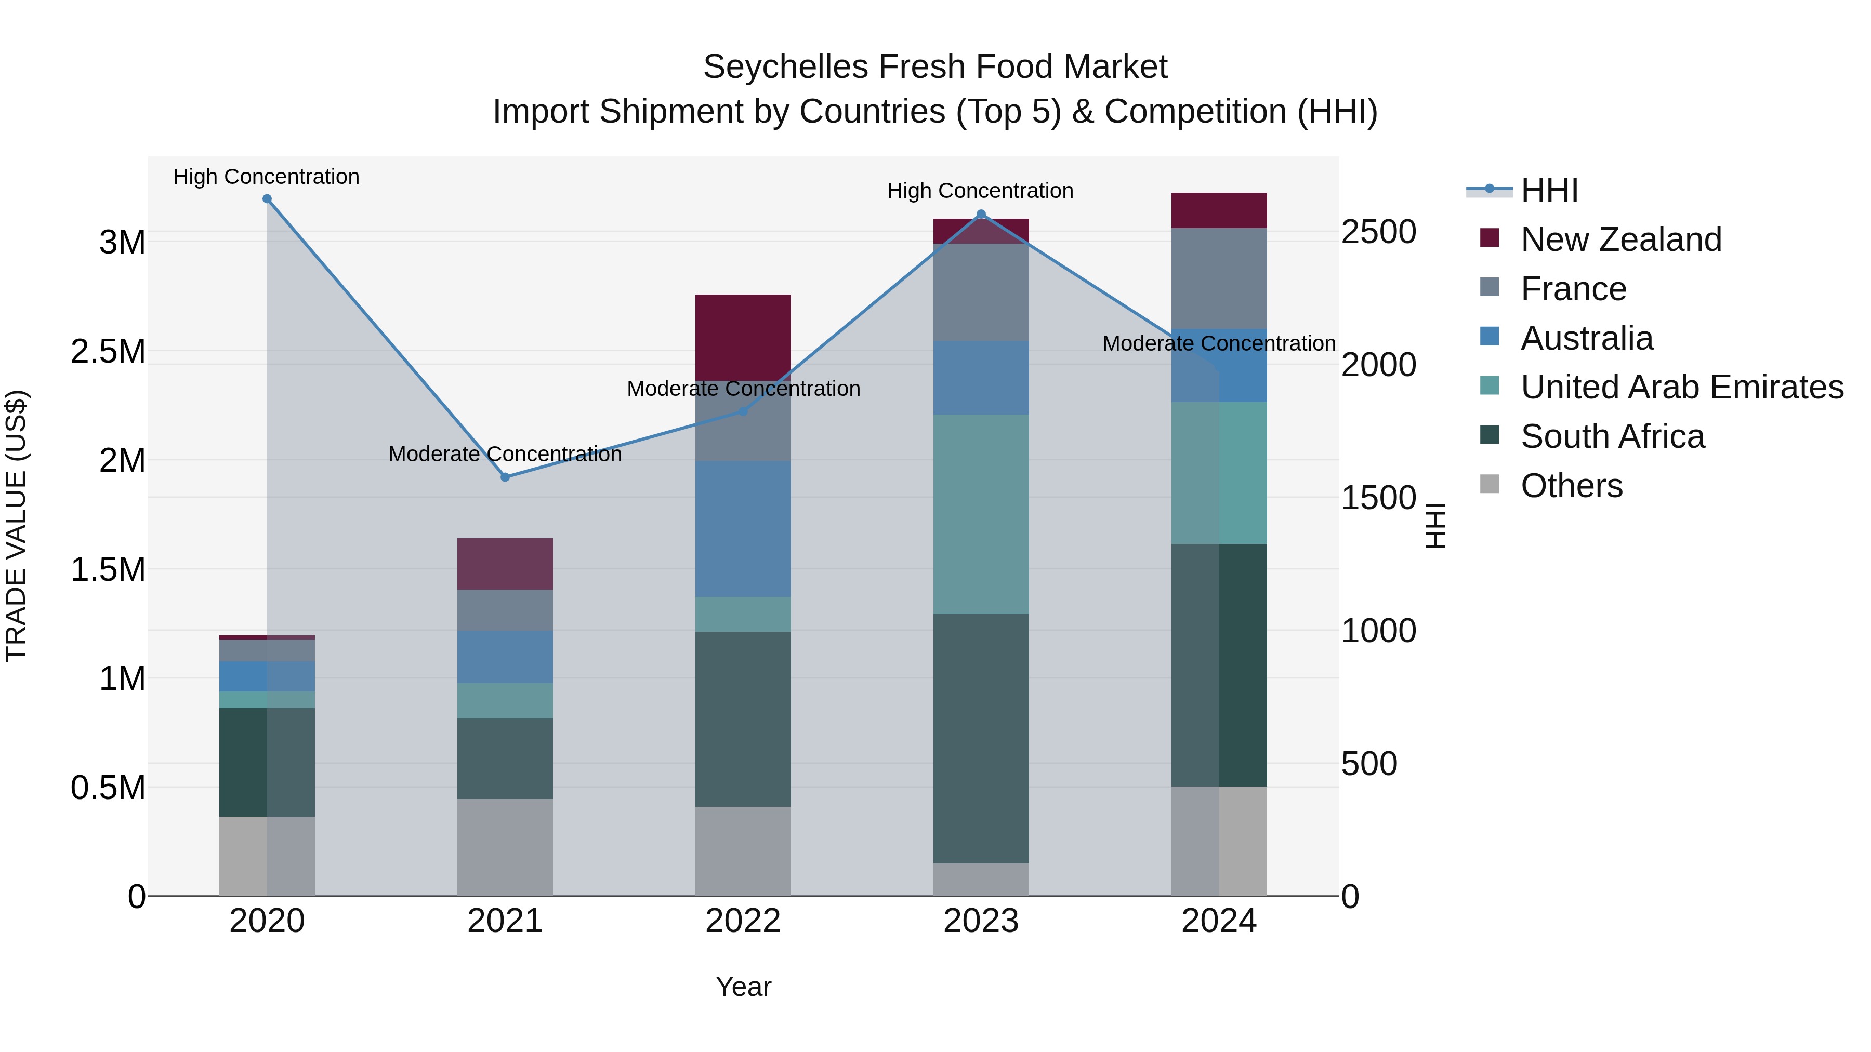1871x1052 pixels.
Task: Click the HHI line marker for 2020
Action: (267, 199)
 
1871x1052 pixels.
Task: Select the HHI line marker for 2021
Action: (506, 477)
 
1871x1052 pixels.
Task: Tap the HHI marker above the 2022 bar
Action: (743, 411)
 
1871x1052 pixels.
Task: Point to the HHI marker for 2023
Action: (981, 214)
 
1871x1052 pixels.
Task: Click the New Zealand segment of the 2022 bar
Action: (743, 337)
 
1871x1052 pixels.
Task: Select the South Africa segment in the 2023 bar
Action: (981, 738)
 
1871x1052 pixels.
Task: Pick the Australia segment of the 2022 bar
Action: (743, 528)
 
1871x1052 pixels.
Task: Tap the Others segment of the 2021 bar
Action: (506, 847)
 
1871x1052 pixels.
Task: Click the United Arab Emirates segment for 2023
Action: (981, 514)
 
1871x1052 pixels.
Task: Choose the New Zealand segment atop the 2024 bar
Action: (1219, 210)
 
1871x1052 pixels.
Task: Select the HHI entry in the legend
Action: (1549, 190)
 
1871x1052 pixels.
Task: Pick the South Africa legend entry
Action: (1612, 436)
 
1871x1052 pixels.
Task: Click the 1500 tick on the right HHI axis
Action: (1378, 498)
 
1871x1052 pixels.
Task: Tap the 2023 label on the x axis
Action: (981, 921)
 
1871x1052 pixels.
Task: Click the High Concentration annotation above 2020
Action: (267, 177)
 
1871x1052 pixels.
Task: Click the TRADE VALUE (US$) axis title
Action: (16, 526)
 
